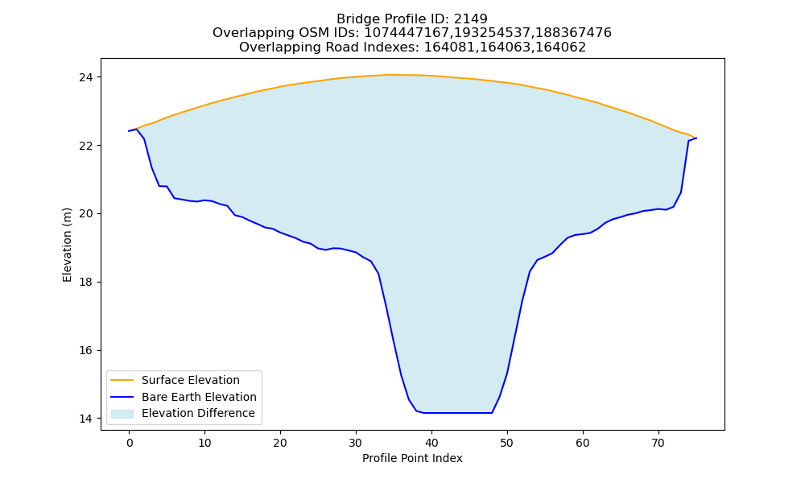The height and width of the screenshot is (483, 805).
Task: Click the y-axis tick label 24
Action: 87,77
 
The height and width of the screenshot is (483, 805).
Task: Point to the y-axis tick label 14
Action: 87,419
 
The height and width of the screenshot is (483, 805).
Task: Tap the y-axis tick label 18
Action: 87,283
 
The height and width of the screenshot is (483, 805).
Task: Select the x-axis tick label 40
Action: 431,443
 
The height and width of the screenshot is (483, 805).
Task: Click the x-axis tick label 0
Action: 130,443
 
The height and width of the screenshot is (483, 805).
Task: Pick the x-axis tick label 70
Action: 658,443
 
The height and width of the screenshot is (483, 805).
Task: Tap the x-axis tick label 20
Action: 280,443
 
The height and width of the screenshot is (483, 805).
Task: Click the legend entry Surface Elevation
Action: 191,380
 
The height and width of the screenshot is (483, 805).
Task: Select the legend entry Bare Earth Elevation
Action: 199,397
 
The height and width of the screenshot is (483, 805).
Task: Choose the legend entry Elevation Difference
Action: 198,413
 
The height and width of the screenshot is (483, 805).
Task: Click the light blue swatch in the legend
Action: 122,414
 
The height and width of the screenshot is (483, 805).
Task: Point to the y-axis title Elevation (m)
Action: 68,245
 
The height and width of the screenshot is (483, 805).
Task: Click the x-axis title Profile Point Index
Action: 412,458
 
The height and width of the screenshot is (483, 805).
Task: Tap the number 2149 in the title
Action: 471,19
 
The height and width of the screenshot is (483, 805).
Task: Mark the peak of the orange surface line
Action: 387,75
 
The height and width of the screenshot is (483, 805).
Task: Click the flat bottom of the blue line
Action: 458,413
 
